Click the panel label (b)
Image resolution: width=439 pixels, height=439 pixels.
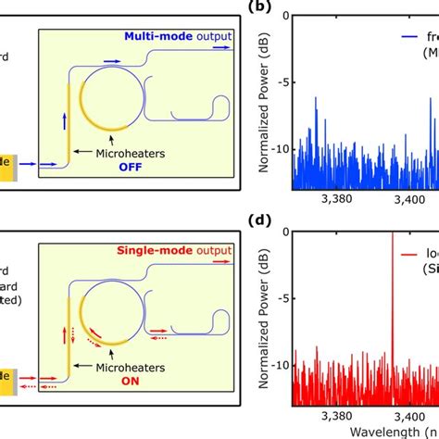click(x=258, y=8)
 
